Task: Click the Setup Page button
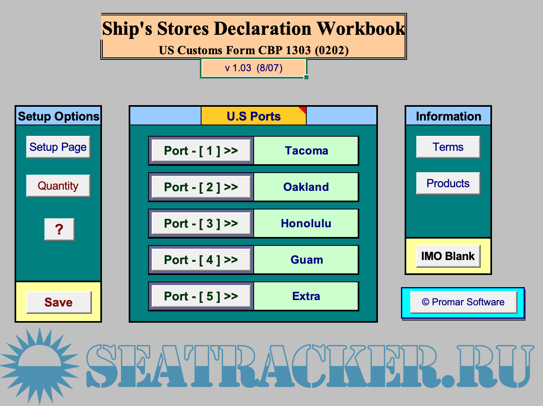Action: [x=58, y=147]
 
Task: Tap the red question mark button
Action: [x=59, y=229]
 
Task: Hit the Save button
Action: [x=59, y=302]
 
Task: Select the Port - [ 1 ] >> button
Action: [x=201, y=150]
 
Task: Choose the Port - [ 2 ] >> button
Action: [x=201, y=187]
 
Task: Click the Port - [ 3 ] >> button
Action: [x=201, y=224]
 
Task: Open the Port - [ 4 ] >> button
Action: [x=201, y=260]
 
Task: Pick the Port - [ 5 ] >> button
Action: [x=201, y=296]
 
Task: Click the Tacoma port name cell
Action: [x=306, y=150]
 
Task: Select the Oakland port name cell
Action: [x=306, y=187]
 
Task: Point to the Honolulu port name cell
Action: [x=306, y=224]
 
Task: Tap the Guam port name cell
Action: [x=306, y=260]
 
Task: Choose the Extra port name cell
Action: [x=306, y=296]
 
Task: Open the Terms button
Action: [x=448, y=147]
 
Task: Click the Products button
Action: [x=448, y=183]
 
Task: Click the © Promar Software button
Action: [x=464, y=302]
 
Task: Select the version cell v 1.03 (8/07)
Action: [x=254, y=68]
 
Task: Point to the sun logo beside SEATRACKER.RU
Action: [x=40, y=366]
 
